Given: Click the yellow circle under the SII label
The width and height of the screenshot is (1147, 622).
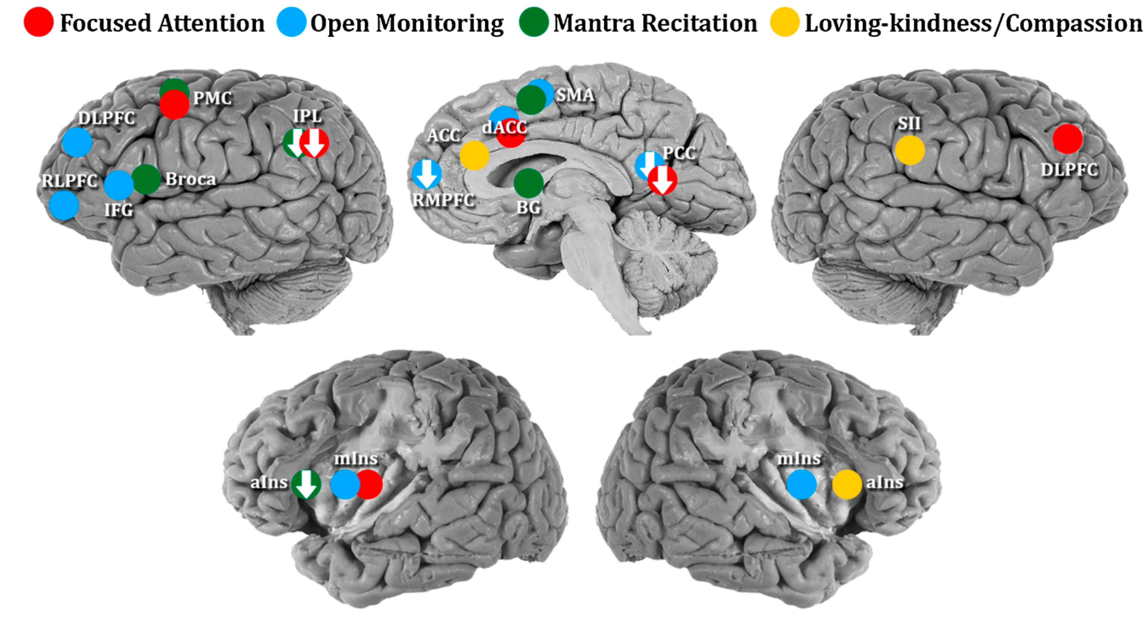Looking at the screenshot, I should (x=910, y=150).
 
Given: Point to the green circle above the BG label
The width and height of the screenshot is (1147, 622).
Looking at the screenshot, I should (x=529, y=183).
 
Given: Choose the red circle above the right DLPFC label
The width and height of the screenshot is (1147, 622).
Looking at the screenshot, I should (x=1067, y=139).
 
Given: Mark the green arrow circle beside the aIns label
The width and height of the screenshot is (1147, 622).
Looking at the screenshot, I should (x=306, y=484).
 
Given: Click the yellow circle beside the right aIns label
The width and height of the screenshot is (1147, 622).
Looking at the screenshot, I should (x=847, y=484).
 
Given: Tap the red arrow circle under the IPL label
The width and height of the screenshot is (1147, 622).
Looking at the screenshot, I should (x=314, y=143).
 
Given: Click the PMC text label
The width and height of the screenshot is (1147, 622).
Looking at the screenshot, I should (x=212, y=98).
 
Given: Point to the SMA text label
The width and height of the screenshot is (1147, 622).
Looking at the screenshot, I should (x=575, y=95).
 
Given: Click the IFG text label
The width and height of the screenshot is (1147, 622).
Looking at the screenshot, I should (x=119, y=210).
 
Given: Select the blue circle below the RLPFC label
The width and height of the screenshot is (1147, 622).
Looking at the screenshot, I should (x=64, y=205).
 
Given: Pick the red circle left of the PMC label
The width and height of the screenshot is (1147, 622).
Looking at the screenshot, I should (x=174, y=105).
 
